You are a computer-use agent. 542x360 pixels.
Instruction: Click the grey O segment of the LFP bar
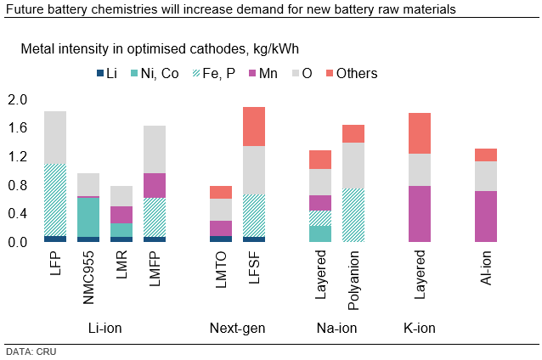(55, 137)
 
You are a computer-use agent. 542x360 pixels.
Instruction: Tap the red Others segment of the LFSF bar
(253, 127)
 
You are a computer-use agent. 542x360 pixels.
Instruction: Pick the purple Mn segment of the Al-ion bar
(486, 217)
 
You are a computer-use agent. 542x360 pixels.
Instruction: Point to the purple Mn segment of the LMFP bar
(155, 185)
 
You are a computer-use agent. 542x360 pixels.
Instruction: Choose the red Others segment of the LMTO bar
(221, 192)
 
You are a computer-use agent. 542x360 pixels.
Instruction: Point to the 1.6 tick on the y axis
(18, 128)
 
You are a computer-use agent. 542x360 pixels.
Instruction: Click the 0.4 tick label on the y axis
(18, 214)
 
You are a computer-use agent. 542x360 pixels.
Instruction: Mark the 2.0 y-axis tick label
(18, 100)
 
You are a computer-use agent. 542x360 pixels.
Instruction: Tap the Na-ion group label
(336, 327)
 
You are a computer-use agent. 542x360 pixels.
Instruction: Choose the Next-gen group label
(237, 327)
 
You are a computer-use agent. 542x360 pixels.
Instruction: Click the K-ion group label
(420, 327)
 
